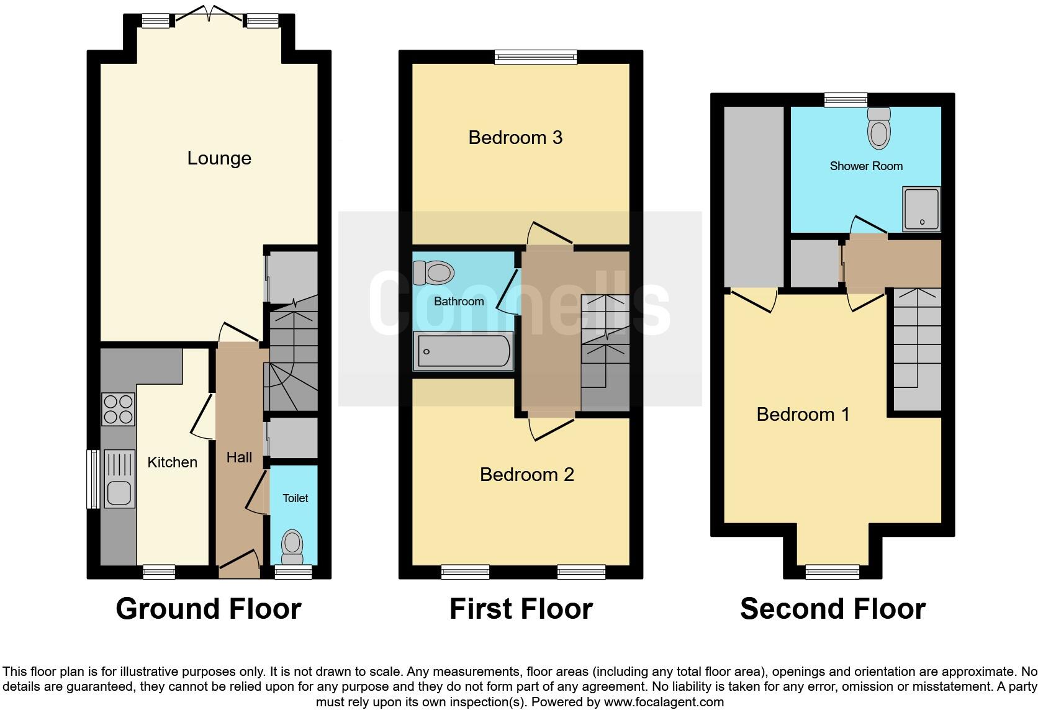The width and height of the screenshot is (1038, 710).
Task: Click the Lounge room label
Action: point(219,158)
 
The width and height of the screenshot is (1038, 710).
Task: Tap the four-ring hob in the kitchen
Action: point(118,409)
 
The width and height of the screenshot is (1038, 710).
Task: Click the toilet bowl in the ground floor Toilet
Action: point(292,546)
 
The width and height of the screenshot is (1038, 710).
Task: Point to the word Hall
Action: point(239,457)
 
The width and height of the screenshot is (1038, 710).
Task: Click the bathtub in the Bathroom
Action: point(464,351)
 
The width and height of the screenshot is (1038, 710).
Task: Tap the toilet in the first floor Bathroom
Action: point(434,272)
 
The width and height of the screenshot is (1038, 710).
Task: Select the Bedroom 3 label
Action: point(515,137)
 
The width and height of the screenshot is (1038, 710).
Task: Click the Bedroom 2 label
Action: point(526,475)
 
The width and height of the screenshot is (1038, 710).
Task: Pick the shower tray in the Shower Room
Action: point(922,209)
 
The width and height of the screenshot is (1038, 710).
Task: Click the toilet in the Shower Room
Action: point(878,128)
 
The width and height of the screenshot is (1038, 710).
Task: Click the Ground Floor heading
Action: point(209,609)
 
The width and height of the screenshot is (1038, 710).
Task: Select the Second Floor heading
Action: point(833,609)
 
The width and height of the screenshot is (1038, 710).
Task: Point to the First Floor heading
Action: point(521,609)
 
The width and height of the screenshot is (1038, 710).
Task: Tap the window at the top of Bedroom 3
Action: point(536,58)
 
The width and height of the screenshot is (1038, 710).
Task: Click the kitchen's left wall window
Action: point(93,479)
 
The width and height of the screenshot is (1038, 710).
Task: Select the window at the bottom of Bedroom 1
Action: point(832,572)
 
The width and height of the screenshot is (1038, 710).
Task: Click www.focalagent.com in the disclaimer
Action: point(663,703)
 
